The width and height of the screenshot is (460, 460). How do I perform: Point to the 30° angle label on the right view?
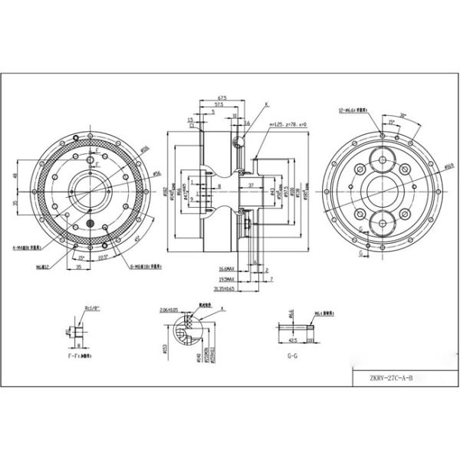(x=402, y=116)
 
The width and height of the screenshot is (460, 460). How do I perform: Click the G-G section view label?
(x=291, y=356)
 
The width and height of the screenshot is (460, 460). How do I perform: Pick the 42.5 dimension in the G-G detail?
(x=292, y=338)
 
